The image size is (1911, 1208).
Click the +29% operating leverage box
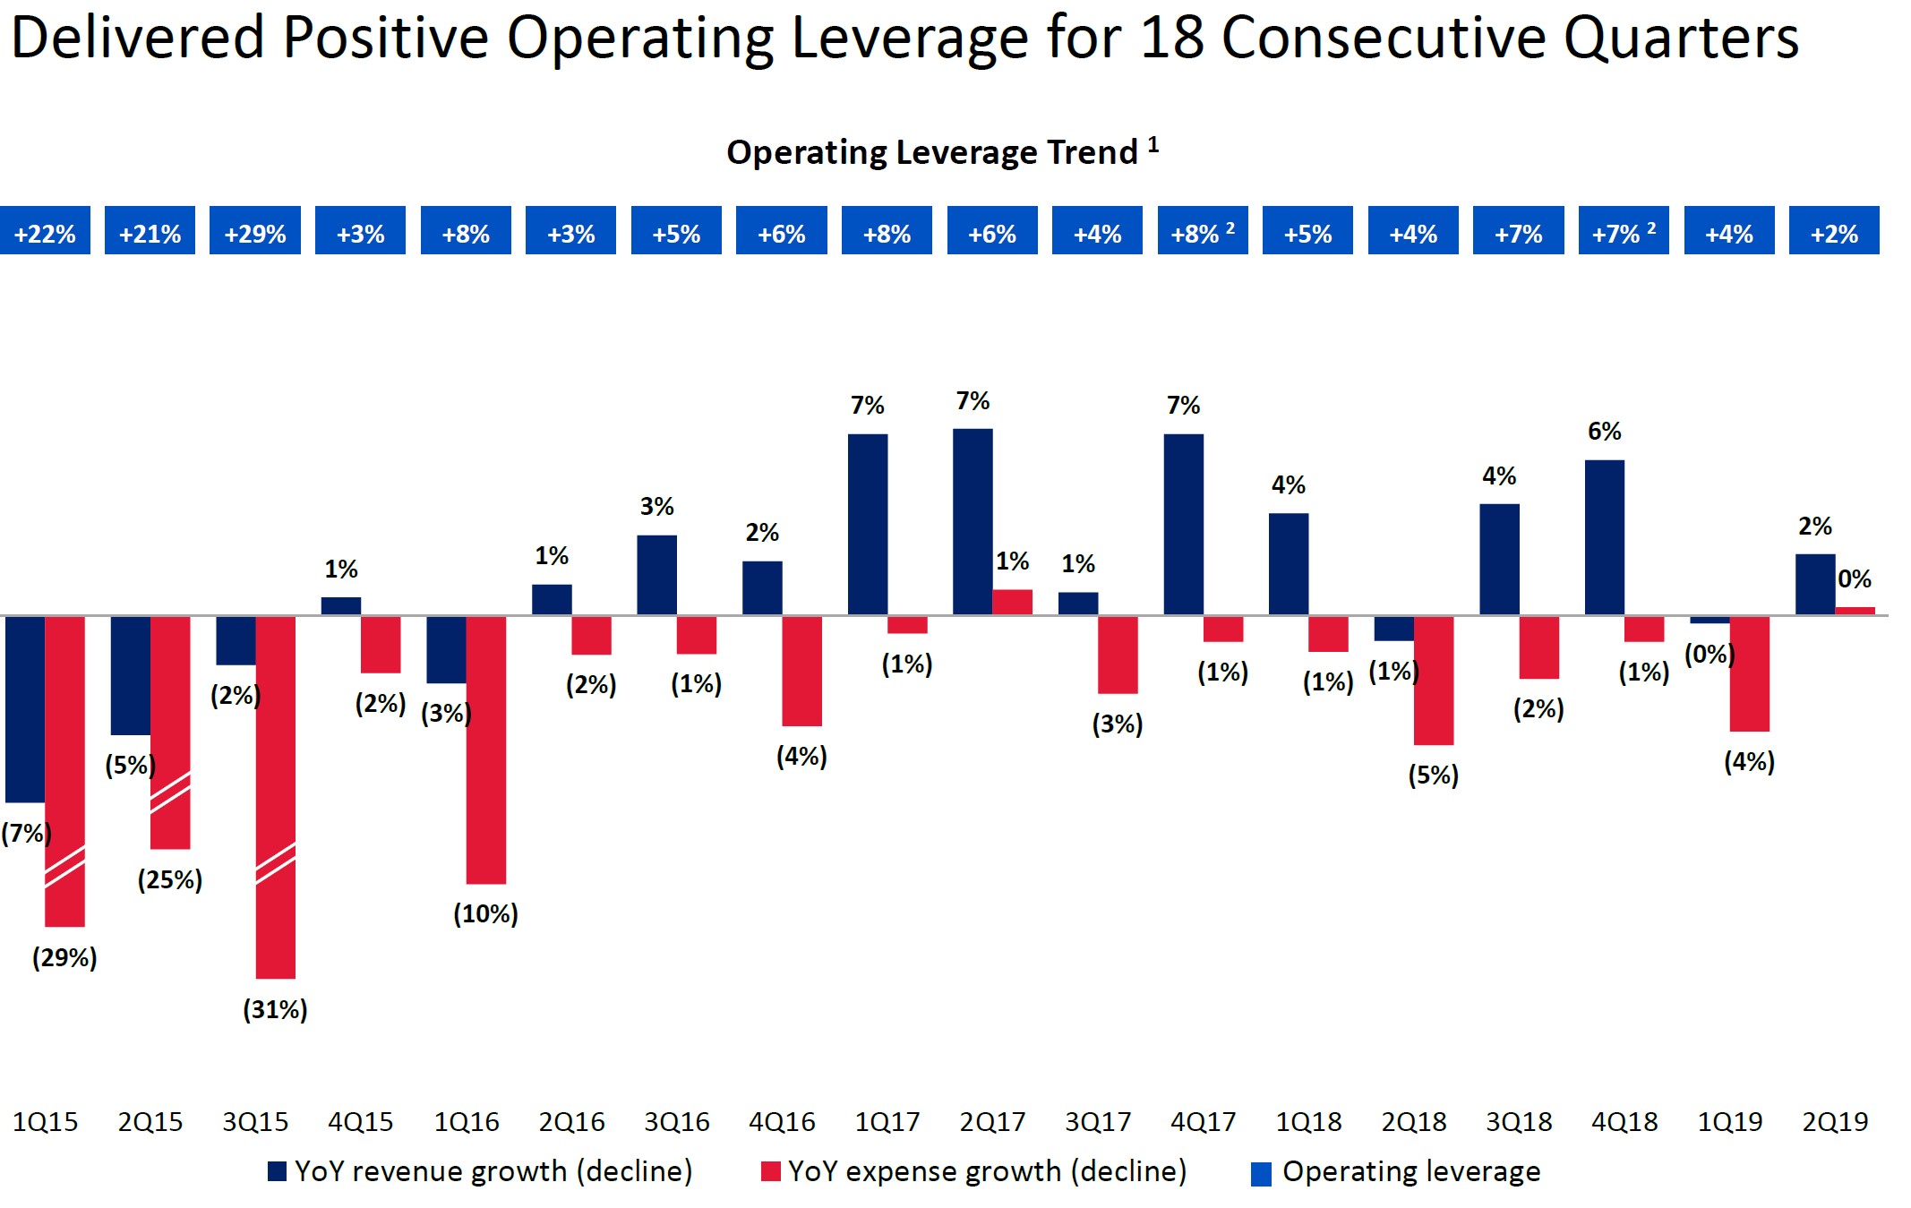click(x=255, y=231)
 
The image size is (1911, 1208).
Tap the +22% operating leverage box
click(x=45, y=231)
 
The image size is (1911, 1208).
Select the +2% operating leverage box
click(x=1834, y=231)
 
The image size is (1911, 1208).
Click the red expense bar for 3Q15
click(x=275, y=797)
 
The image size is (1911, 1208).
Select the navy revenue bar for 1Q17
click(x=868, y=525)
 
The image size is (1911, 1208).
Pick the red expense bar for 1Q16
click(x=486, y=750)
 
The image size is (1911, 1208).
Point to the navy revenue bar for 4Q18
click(x=1605, y=537)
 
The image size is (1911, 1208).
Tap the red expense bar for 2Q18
click(x=1434, y=681)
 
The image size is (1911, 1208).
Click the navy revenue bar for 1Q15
click(x=25, y=709)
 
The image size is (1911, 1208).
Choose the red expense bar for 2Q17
click(x=1012, y=602)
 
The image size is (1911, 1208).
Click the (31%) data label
click(x=275, y=1010)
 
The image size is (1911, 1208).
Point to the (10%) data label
click(x=485, y=914)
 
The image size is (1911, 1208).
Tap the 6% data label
click(x=1605, y=432)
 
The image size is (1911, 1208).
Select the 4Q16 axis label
click(x=782, y=1122)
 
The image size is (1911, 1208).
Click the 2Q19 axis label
click(x=1835, y=1122)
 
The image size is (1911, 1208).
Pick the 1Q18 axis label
click(x=1308, y=1122)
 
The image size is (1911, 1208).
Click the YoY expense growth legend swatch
click(x=770, y=1171)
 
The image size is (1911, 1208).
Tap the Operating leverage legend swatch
click(x=1261, y=1174)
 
